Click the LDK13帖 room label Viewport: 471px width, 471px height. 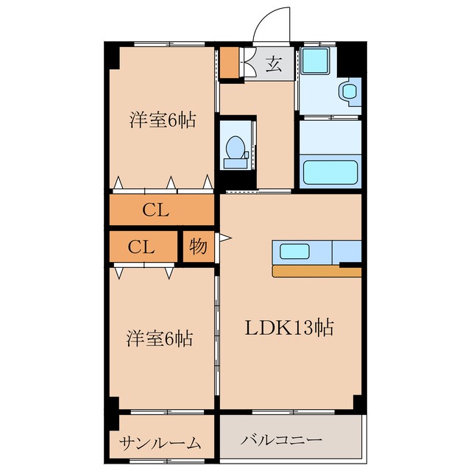tap(289, 327)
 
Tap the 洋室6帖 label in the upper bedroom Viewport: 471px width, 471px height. tap(163, 120)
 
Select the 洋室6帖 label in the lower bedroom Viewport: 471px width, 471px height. tap(160, 339)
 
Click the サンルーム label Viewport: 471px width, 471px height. tap(160, 442)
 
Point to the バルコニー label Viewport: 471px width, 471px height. tap(282, 440)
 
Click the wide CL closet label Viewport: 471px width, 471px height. tap(156, 210)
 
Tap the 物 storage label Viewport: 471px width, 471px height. tap(198, 247)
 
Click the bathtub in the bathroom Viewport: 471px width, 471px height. tap(330, 171)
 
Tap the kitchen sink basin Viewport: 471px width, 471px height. tap(295, 252)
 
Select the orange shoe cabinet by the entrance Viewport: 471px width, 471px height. tap(230, 64)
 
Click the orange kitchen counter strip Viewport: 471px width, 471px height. tap(316, 272)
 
